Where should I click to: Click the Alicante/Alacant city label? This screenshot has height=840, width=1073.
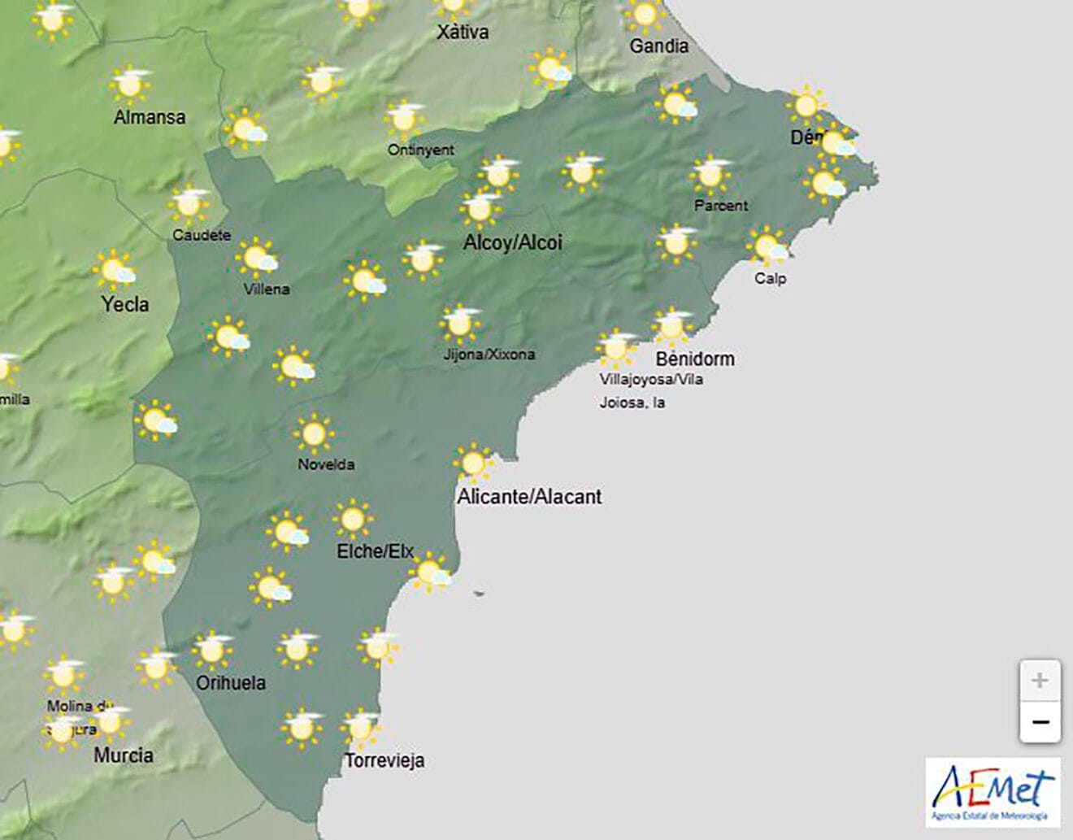[x=529, y=496]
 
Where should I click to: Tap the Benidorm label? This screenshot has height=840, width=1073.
[x=694, y=359]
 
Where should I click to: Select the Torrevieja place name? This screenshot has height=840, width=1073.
[x=384, y=760]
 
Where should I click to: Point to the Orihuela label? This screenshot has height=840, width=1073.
[x=231, y=682]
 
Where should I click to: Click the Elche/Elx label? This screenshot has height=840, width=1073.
[x=375, y=551]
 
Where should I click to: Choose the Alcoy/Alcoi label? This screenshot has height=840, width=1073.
[x=512, y=242]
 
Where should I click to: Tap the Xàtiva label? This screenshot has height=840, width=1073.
[x=463, y=33]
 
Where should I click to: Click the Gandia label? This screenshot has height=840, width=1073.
[x=658, y=46]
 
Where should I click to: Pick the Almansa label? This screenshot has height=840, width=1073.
[x=150, y=117]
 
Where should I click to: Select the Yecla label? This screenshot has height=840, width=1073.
[x=124, y=304]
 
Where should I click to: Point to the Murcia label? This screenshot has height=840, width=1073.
[x=124, y=755]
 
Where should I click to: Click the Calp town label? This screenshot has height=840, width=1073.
[x=770, y=278]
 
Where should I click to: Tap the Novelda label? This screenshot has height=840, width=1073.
[x=326, y=464]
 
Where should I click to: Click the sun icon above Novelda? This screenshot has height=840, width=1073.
[x=313, y=433]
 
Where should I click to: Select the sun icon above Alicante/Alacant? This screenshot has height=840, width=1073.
[x=473, y=464]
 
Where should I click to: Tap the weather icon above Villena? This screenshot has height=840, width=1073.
[x=258, y=259]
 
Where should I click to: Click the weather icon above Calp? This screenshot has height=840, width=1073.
[x=767, y=246]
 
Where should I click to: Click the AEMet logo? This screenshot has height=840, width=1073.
[x=993, y=793]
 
